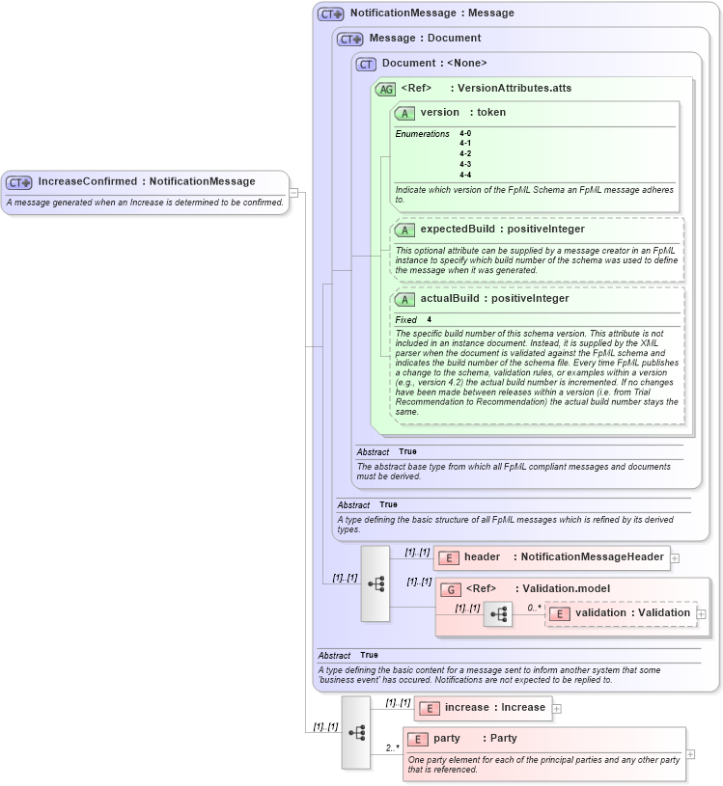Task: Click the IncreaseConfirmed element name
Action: point(88,181)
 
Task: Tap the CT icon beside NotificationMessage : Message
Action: point(330,14)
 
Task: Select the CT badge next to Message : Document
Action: point(349,39)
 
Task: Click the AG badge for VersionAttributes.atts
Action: point(385,89)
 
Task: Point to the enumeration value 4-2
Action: point(465,153)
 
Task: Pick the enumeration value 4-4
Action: point(465,175)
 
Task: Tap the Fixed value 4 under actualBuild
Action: point(430,319)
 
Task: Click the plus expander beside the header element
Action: point(675,557)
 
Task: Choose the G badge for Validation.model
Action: point(450,589)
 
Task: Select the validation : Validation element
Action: point(632,613)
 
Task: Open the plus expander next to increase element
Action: point(557,709)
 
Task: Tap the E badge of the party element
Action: point(418,739)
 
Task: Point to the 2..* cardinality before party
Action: point(393,747)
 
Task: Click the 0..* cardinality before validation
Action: point(534,608)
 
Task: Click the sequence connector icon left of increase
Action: point(355,732)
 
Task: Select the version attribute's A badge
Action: point(405,113)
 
